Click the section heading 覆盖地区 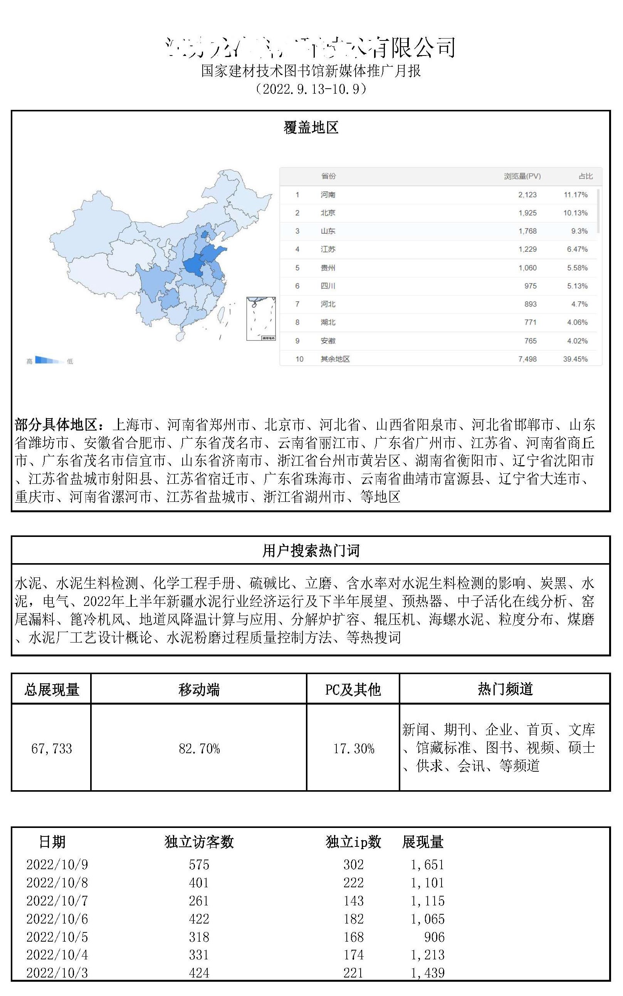click(311, 128)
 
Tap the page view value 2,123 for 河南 click(527, 195)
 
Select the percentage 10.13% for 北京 click(575, 213)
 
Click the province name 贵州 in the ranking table click(328, 268)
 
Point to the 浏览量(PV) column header click(522, 176)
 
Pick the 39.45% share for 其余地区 click(575, 359)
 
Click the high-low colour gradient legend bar click(47, 360)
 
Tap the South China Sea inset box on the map click(260, 318)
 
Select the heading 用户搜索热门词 click(311, 550)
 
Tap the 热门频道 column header click(505, 689)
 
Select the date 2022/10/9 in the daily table click(57, 864)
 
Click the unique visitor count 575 click(199, 864)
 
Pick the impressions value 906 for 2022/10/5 click(434, 937)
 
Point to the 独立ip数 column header click(353, 842)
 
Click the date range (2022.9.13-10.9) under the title click(311, 89)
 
